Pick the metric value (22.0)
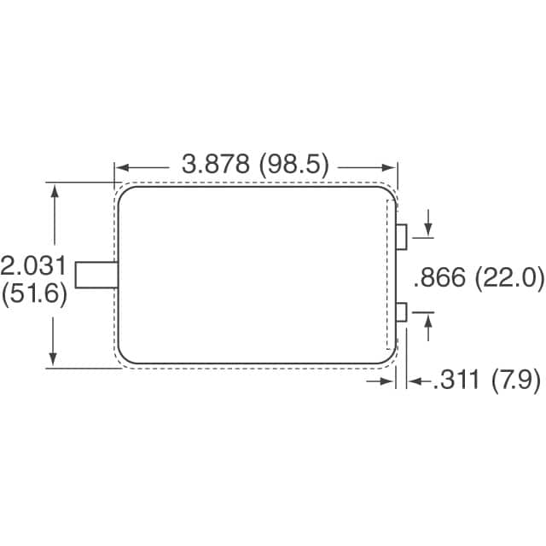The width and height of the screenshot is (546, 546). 508,278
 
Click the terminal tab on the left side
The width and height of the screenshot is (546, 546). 96,276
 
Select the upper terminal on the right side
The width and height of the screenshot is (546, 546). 402,236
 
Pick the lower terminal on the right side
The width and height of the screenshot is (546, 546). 402,312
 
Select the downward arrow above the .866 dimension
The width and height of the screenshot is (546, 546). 427,229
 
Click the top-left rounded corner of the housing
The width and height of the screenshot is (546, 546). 124,194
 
